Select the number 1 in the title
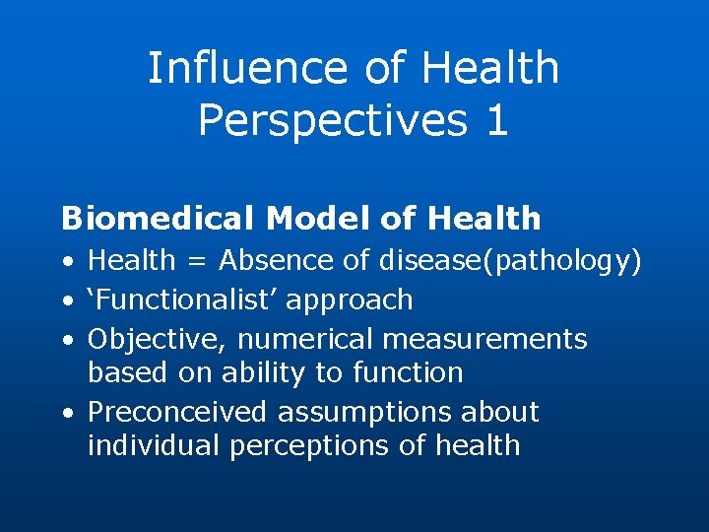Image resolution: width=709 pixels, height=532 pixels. (496, 119)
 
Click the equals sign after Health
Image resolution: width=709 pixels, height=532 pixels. (197, 261)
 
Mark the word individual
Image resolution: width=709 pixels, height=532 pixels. (154, 444)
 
